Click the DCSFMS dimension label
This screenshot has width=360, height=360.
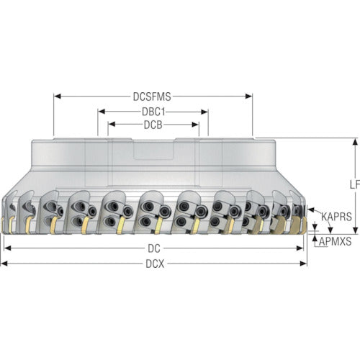tap(152, 96)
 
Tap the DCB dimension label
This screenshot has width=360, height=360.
tap(153, 125)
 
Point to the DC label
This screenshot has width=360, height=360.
tap(154, 248)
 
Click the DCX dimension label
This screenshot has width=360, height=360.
tap(155, 264)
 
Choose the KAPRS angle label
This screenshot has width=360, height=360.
tap(336, 217)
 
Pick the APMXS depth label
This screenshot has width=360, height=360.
tap(335, 241)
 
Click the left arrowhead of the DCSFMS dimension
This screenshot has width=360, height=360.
tap(57, 96)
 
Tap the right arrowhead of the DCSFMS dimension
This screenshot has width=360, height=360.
tap(248, 96)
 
